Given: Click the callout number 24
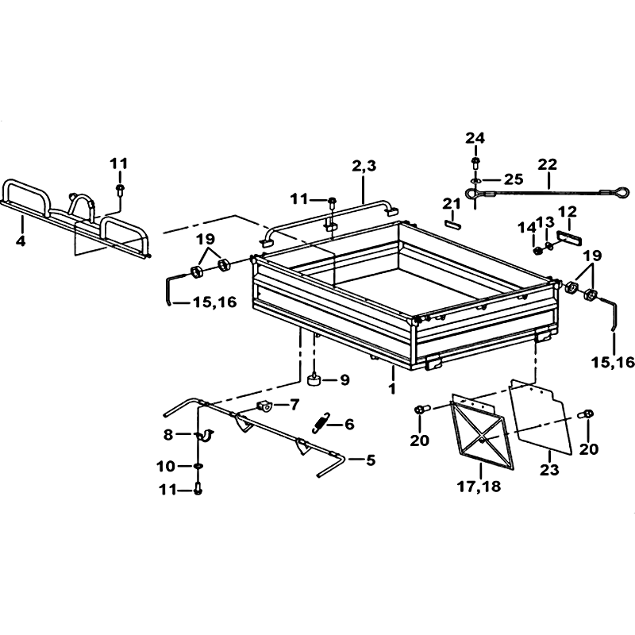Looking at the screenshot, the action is click(x=475, y=138).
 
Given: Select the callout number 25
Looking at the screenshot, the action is click(x=513, y=179).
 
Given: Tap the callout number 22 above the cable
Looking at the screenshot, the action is click(x=548, y=164).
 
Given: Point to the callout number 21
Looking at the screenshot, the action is click(x=452, y=205).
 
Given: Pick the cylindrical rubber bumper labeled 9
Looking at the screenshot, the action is click(x=314, y=381).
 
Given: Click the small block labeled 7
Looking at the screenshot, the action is click(x=264, y=406).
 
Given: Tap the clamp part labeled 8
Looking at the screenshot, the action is click(x=206, y=435).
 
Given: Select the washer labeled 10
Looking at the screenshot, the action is click(x=198, y=467).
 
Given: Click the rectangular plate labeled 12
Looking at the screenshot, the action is click(x=570, y=238).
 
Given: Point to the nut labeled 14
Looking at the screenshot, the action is click(x=538, y=251).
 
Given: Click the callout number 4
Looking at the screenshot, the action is click(x=21, y=241).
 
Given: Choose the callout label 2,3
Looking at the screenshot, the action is click(x=364, y=166).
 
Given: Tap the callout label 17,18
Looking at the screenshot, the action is click(x=479, y=486).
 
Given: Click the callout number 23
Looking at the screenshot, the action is click(x=549, y=470).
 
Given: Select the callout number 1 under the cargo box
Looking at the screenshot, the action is click(x=391, y=389).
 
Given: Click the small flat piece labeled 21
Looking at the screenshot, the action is click(x=452, y=225).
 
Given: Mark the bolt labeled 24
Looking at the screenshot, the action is click(x=475, y=164).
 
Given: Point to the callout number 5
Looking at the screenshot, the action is click(x=371, y=460).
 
